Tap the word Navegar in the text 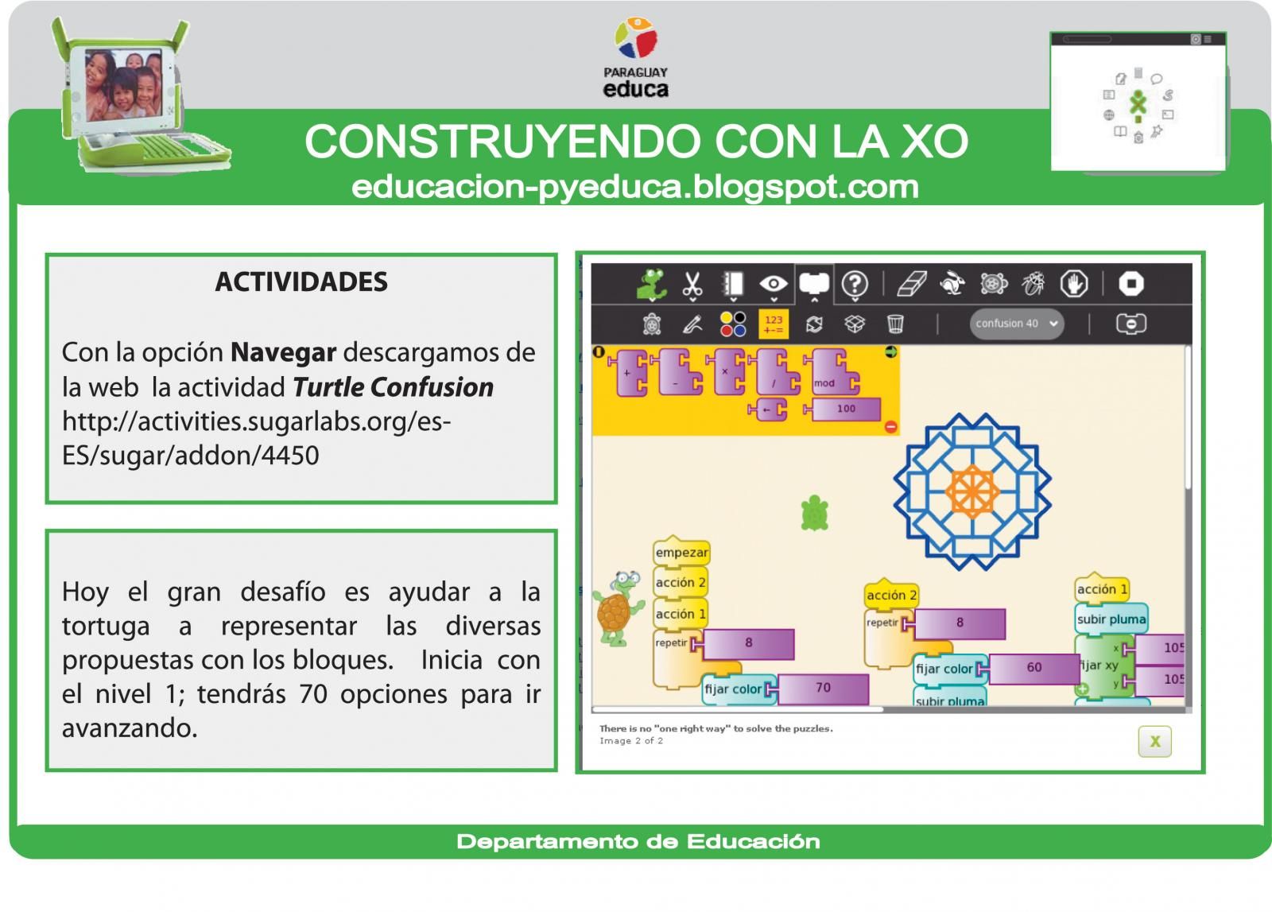click(283, 351)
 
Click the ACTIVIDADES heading click(301, 281)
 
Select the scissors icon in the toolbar click(692, 284)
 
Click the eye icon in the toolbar click(773, 284)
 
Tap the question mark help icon click(855, 284)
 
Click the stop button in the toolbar click(1130, 284)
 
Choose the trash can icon click(895, 324)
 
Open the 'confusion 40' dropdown click(1016, 324)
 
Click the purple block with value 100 click(846, 409)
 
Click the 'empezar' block click(681, 552)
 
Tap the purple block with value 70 click(823, 688)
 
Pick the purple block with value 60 click(1033, 668)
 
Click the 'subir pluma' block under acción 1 click(1111, 619)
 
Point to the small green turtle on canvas click(815, 513)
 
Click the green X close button click(1154, 742)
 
